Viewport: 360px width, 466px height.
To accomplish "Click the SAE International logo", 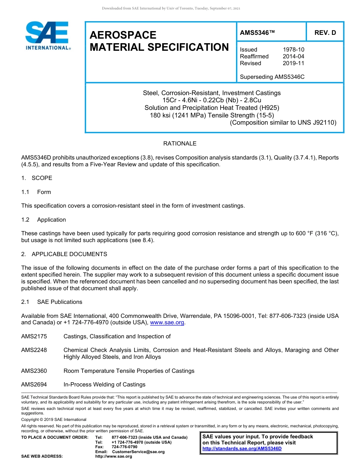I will [x=47, y=36].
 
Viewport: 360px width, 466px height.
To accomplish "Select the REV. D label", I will [x=325, y=33].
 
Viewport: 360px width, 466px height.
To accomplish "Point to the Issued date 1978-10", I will [x=293, y=50].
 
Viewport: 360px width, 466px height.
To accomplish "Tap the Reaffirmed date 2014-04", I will [x=293, y=56].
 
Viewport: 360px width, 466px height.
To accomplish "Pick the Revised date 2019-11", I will [x=293, y=63].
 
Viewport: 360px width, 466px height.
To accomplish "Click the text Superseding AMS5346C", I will [x=272, y=77].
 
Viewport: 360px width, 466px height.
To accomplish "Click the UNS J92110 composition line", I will [x=283, y=122].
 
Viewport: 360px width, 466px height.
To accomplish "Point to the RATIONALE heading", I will [x=180, y=144].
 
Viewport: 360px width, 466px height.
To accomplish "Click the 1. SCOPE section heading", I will [x=37, y=178].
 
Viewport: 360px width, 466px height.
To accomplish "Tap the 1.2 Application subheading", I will [x=44, y=220].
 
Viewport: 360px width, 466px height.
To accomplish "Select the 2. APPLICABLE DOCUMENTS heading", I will [x=64, y=254].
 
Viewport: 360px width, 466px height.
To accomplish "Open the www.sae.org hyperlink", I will [x=167, y=323].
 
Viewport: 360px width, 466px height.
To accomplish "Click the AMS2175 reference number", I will [x=34, y=336].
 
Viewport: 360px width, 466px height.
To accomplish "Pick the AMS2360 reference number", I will [x=34, y=371].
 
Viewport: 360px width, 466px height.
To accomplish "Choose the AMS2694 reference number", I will [x=34, y=385].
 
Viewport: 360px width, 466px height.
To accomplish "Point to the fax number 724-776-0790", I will [x=124, y=447].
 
